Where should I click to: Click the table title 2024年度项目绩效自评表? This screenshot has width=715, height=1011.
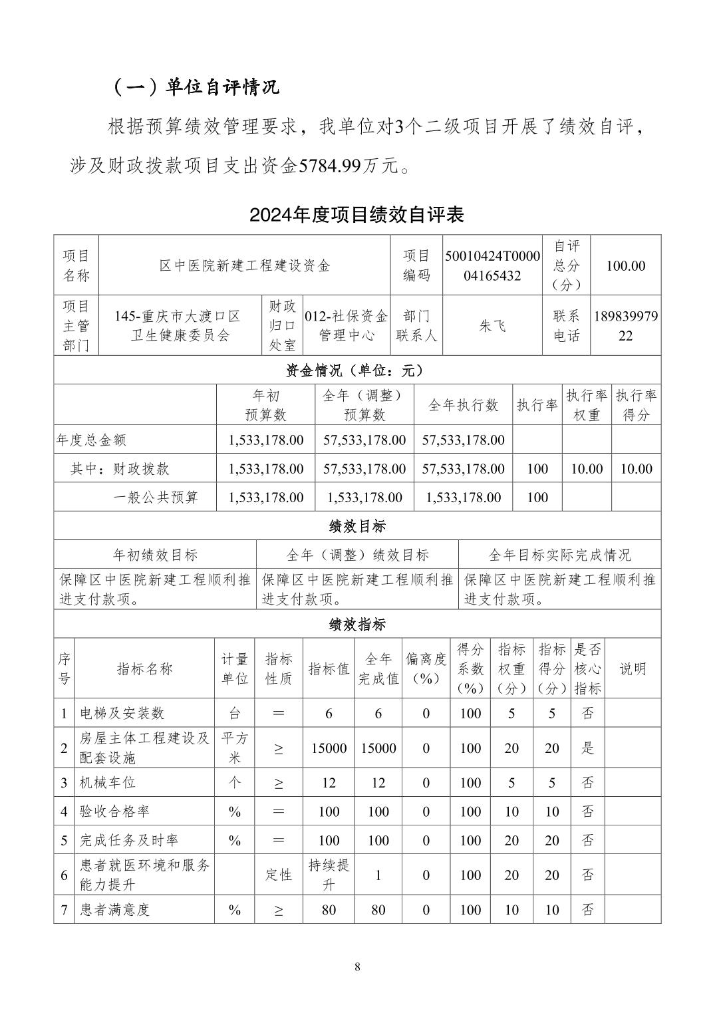click(x=357, y=215)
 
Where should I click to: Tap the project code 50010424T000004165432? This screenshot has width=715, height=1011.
click(x=492, y=265)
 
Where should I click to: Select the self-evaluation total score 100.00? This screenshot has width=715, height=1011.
click(x=625, y=265)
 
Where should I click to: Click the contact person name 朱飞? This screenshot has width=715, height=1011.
click(x=492, y=325)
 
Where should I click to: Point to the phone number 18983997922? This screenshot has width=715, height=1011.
click(x=625, y=325)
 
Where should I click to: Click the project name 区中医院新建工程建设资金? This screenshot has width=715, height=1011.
click(x=244, y=265)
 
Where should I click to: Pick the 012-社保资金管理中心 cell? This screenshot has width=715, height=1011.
click(x=346, y=325)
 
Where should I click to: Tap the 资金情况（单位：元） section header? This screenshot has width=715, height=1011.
click(x=357, y=370)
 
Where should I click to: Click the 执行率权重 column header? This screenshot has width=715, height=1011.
click(x=587, y=404)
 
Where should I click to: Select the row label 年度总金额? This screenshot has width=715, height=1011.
click(x=92, y=440)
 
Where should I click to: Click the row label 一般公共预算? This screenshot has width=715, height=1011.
click(x=156, y=497)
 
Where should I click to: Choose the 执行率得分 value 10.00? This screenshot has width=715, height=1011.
click(x=636, y=468)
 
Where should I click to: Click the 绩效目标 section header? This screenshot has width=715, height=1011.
click(x=357, y=526)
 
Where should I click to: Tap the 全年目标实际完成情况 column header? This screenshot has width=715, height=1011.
click(x=559, y=555)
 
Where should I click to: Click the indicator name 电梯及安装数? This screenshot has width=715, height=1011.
click(x=122, y=713)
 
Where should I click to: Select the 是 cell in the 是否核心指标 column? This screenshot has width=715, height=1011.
click(x=587, y=748)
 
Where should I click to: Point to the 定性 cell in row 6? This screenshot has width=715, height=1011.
click(x=278, y=875)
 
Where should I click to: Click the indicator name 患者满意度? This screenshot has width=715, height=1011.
click(x=115, y=909)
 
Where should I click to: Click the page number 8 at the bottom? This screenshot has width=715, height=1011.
click(x=357, y=967)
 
